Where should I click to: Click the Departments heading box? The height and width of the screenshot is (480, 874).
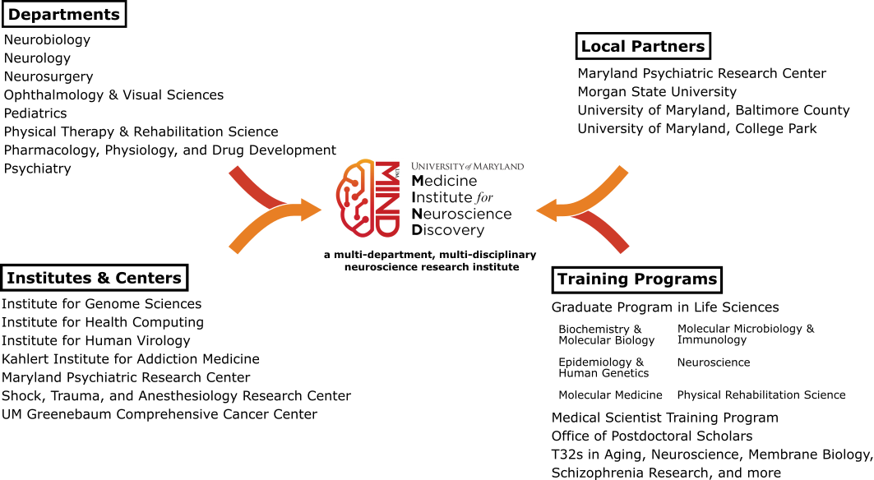coord(63,14)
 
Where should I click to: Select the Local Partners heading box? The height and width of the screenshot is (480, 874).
coord(642,46)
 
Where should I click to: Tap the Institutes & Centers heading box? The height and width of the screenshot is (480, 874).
coord(94,278)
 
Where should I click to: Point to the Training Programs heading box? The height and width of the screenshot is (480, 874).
coord(636,279)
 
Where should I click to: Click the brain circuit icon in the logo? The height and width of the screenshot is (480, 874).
coord(356,198)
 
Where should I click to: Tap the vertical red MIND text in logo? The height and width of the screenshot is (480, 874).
coord(386,198)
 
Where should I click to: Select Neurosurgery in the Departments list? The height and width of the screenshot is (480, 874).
coord(49,76)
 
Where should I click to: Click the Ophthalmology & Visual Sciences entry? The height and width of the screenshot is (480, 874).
coord(113,95)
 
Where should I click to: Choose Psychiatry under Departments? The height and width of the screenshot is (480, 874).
coord(38,168)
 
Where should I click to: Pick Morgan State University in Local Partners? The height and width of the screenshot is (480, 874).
coord(657,91)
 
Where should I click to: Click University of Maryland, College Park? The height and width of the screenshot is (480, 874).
coord(697,128)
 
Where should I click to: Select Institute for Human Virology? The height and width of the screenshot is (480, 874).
coord(96,340)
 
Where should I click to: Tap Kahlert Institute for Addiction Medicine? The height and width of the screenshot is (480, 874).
coord(131,358)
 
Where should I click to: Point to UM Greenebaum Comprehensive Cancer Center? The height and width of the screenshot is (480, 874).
coord(160,414)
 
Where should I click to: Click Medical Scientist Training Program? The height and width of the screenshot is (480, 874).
coord(664,418)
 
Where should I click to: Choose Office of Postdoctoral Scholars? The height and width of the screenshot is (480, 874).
coord(652,436)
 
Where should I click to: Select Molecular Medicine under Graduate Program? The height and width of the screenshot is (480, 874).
coord(610,395)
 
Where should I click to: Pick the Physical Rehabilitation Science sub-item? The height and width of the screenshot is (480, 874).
coord(761,395)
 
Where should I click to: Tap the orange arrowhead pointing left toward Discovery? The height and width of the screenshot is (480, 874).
coord(548,210)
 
